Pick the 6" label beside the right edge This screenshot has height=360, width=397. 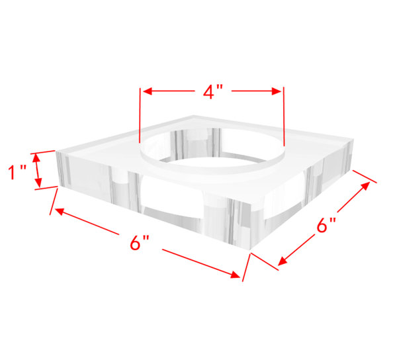tap(323, 226)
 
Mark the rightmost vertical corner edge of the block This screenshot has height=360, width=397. tap(347, 156)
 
